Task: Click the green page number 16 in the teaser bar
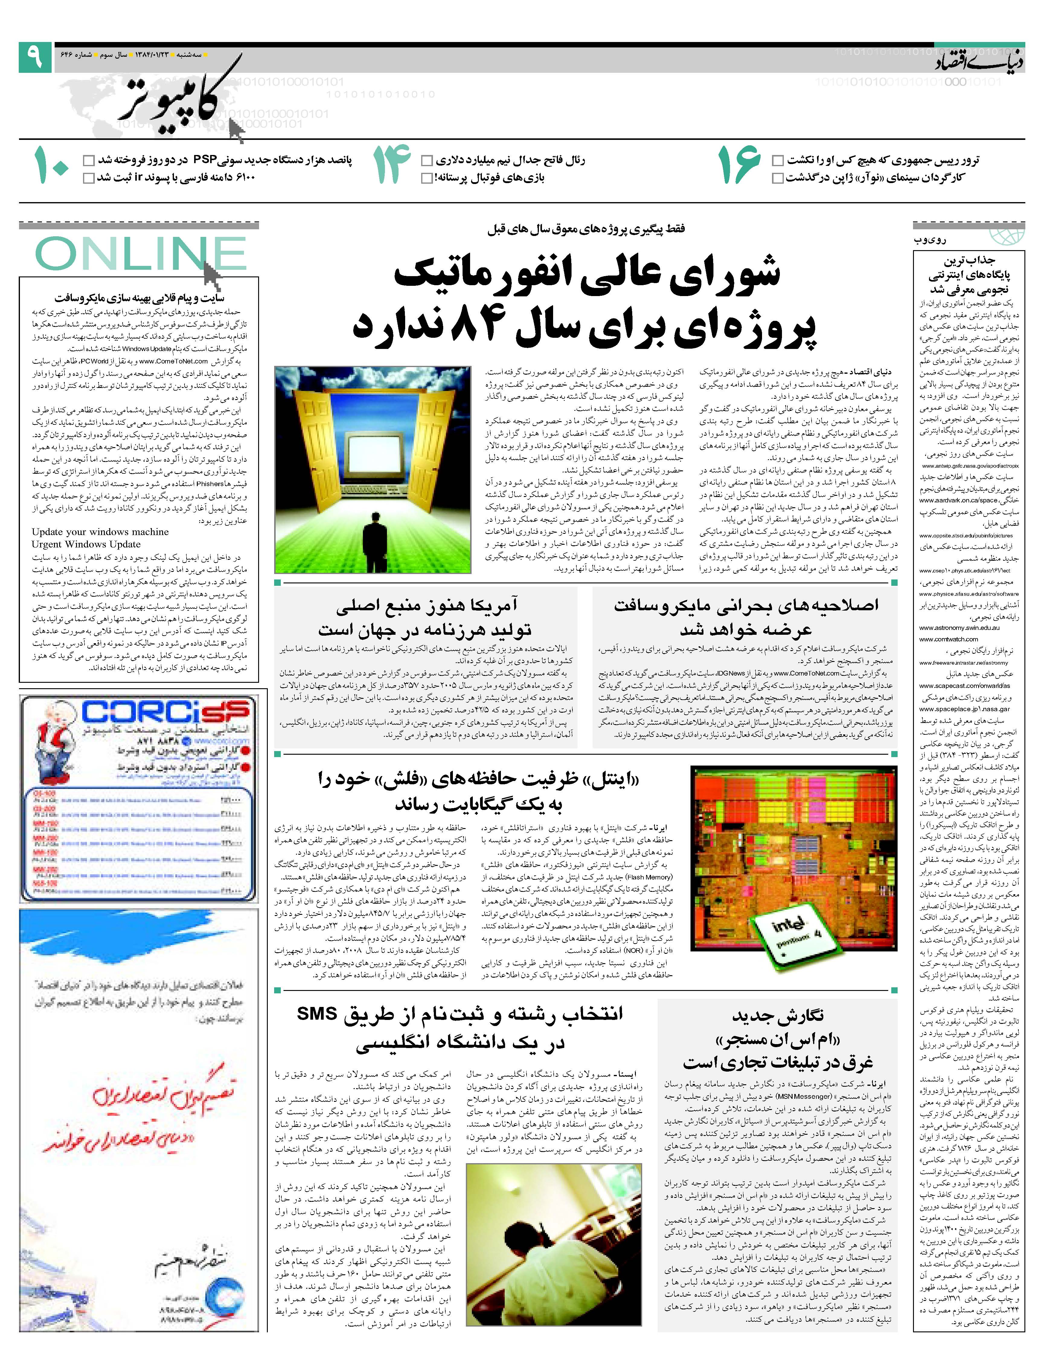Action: (x=739, y=166)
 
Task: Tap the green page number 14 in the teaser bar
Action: (x=391, y=166)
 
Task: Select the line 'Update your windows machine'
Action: (x=100, y=532)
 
